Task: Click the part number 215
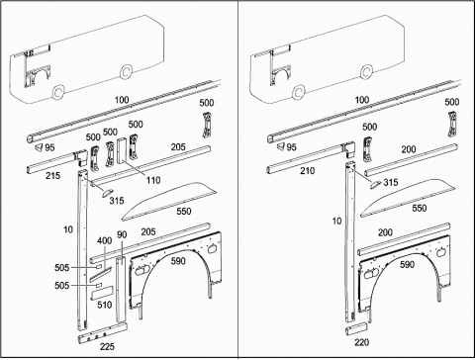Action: [x=52, y=175]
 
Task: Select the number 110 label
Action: [x=153, y=180]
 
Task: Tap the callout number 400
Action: [x=104, y=240]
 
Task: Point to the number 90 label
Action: [x=122, y=234]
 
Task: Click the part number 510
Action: [x=105, y=305]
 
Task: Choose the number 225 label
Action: [x=107, y=346]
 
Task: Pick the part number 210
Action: [x=307, y=171]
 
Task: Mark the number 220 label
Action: [x=361, y=342]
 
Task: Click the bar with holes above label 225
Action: [x=102, y=333]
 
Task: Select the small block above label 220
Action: [x=356, y=329]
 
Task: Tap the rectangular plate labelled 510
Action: [x=102, y=293]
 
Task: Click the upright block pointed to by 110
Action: [x=122, y=150]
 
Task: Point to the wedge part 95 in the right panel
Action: [x=281, y=146]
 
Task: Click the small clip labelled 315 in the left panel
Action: [x=107, y=193]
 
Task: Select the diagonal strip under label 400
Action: [x=101, y=274]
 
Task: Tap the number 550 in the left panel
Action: [x=184, y=211]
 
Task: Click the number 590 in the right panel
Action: [x=407, y=264]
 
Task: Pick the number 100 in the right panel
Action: [x=361, y=100]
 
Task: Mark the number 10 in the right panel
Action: [x=336, y=221]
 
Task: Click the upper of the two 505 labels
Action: [x=62, y=268]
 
